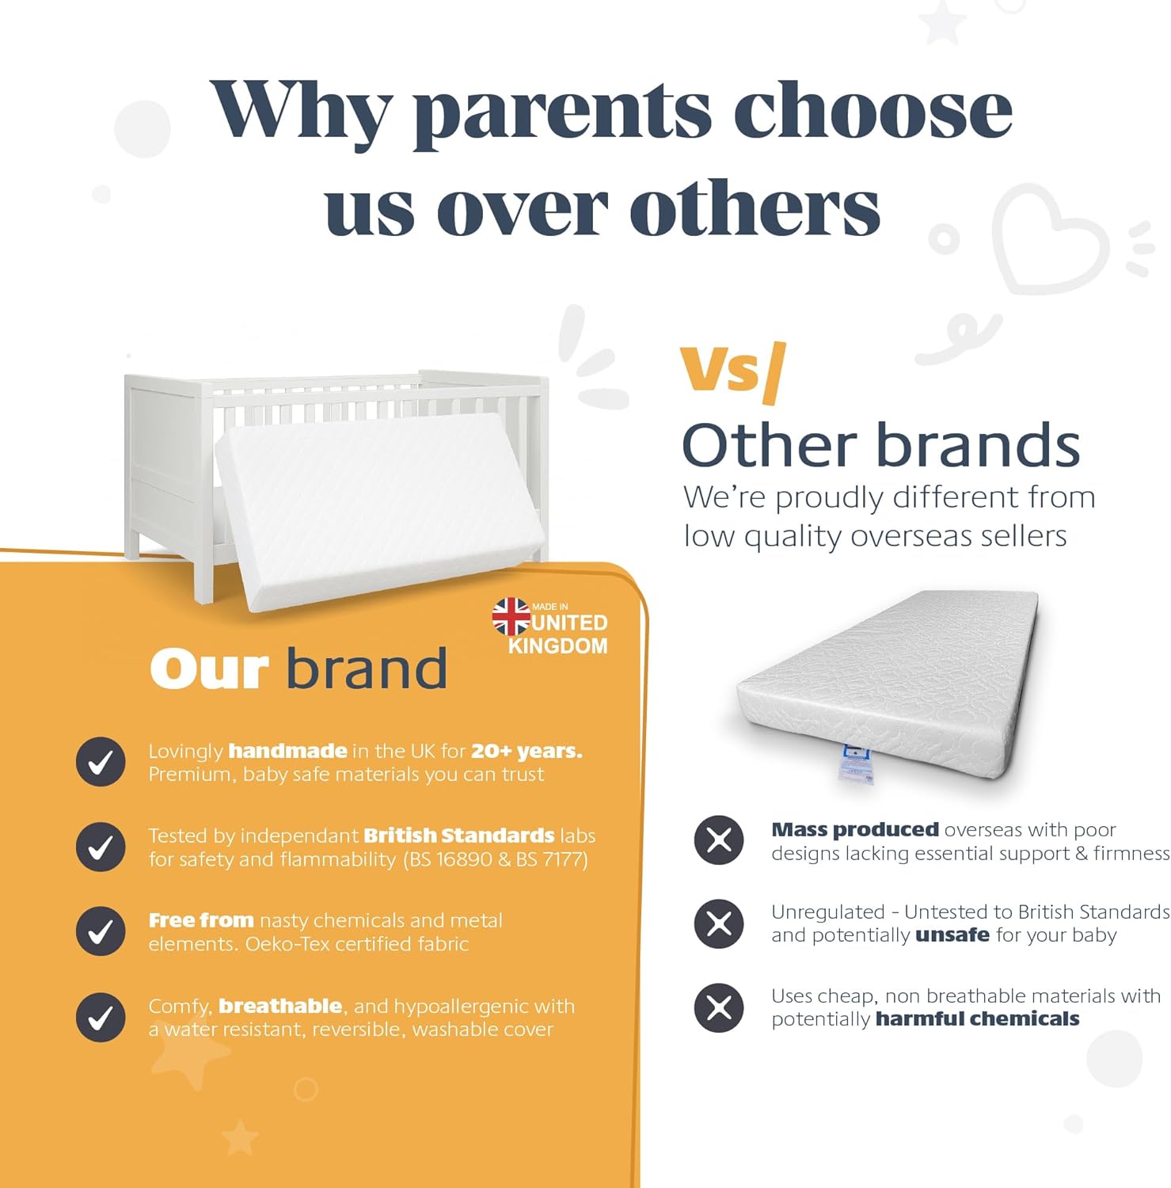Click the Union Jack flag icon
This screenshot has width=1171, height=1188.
(511, 617)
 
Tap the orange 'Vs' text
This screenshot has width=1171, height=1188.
(721, 370)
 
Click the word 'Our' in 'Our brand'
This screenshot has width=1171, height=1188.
(209, 669)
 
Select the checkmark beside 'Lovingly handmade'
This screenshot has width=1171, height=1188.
(101, 762)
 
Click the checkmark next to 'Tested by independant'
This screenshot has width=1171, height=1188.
(101, 847)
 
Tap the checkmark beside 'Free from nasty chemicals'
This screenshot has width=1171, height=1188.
(101, 931)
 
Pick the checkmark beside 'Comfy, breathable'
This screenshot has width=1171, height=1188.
(101, 1017)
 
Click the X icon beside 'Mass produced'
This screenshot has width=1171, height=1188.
(719, 840)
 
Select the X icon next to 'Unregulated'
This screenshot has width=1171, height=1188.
(719, 923)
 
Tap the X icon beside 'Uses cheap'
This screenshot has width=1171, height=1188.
(719, 1007)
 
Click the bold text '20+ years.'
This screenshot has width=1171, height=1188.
(527, 751)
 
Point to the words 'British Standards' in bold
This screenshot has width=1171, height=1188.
(459, 836)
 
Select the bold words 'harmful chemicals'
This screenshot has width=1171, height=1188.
(978, 1019)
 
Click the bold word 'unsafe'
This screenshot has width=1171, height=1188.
(952, 935)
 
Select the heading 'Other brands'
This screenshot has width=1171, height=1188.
(881, 445)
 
